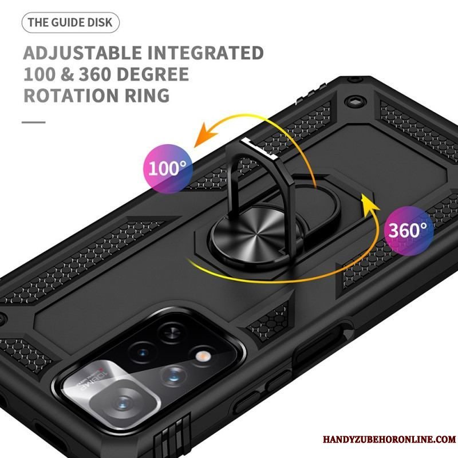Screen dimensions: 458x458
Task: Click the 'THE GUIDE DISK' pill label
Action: pos(70,22)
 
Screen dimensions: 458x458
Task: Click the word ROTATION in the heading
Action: pos(71,96)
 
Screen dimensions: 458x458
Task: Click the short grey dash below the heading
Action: pos(34,122)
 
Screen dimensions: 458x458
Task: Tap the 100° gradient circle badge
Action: pos(168,168)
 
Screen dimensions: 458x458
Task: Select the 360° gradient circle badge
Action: pos(408,230)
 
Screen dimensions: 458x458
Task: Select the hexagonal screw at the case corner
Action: pos(354,102)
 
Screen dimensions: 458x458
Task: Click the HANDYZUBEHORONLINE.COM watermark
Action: pos(389,439)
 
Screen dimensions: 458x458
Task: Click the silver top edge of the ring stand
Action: pos(259,149)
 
